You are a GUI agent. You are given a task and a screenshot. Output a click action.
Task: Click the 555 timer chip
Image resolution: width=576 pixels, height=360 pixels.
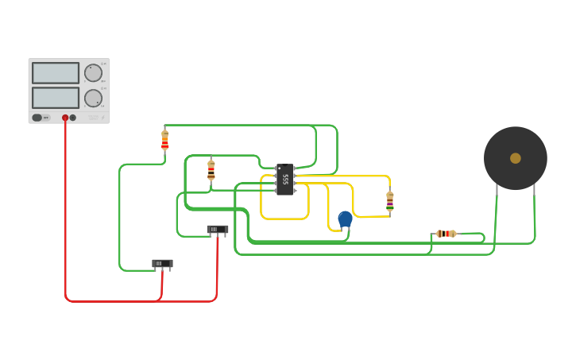[284, 180]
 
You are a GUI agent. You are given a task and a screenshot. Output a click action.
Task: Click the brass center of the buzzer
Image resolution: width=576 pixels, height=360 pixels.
[516, 158]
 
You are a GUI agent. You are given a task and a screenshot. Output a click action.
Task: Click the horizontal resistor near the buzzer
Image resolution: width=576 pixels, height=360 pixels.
[446, 234]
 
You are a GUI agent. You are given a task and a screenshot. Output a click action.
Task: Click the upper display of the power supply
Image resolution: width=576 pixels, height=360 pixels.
[56, 73]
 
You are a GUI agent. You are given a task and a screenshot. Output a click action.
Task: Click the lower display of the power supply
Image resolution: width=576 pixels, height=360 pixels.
[56, 98]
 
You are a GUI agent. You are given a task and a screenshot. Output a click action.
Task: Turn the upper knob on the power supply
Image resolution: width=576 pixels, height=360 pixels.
[93, 73]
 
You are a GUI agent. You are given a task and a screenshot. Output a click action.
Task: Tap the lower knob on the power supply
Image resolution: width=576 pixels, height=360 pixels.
[93, 99]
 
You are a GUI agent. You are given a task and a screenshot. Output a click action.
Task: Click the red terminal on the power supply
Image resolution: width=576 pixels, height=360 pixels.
[65, 118]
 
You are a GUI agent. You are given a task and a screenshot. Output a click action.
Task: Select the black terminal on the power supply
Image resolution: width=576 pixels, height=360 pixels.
[73, 118]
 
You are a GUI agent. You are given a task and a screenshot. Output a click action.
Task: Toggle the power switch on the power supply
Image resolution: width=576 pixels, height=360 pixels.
[37, 118]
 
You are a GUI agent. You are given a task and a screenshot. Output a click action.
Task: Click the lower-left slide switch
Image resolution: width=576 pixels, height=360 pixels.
[162, 264]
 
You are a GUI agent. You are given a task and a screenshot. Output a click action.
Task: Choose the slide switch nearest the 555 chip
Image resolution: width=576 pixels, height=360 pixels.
[218, 230]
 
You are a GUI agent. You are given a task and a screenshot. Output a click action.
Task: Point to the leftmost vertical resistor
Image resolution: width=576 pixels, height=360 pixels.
[164, 141]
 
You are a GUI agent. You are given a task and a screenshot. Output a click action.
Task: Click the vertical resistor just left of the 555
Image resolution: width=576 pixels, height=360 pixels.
[211, 169]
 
